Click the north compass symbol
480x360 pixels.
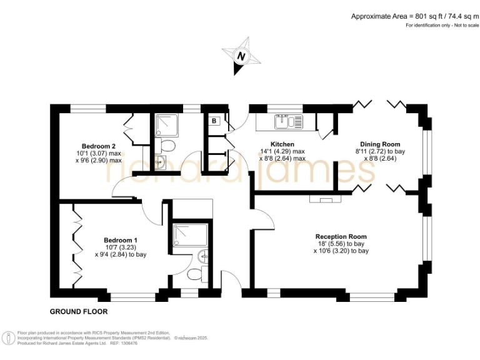pyautogui.click(x=241, y=56)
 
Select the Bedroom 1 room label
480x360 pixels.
pyautogui.click(x=121, y=240)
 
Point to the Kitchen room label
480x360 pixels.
pyautogui.click(x=282, y=144)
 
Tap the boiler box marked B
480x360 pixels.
pyautogui.click(x=214, y=121)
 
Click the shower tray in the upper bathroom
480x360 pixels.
pyautogui.click(x=166, y=126)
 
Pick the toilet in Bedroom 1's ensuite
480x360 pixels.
pyautogui.click(x=196, y=274)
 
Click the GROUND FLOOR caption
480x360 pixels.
pyautogui.click(x=79, y=311)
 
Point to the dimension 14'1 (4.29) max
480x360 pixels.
pyautogui.click(x=282, y=151)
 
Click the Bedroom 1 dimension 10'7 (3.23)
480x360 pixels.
pyautogui.click(x=121, y=247)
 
